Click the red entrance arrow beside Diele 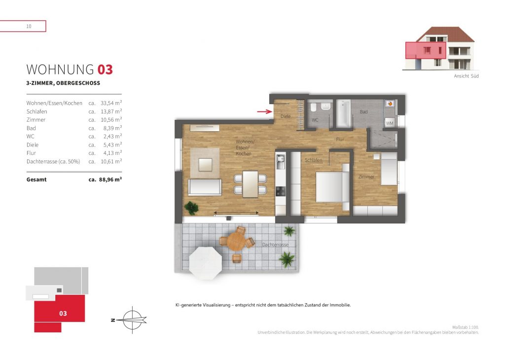(x=264, y=112)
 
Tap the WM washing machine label (x=390, y=123)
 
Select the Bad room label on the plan (x=363, y=112)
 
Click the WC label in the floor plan (x=315, y=120)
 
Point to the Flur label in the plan (x=340, y=140)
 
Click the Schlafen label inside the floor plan (x=313, y=160)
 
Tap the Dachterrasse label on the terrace (x=275, y=245)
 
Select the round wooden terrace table (x=236, y=241)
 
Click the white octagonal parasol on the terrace (x=206, y=263)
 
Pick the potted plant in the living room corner (x=191, y=208)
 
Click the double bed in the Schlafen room (x=332, y=187)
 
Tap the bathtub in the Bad (x=343, y=113)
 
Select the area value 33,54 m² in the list (x=111, y=103)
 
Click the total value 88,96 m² (x=110, y=180)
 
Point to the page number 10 (x=29, y=27)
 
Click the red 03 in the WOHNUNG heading (x=105, y=70)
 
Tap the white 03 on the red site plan (x=63, y=313)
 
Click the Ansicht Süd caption (x=466, y=76)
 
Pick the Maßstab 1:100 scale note (x=465, y=327)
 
